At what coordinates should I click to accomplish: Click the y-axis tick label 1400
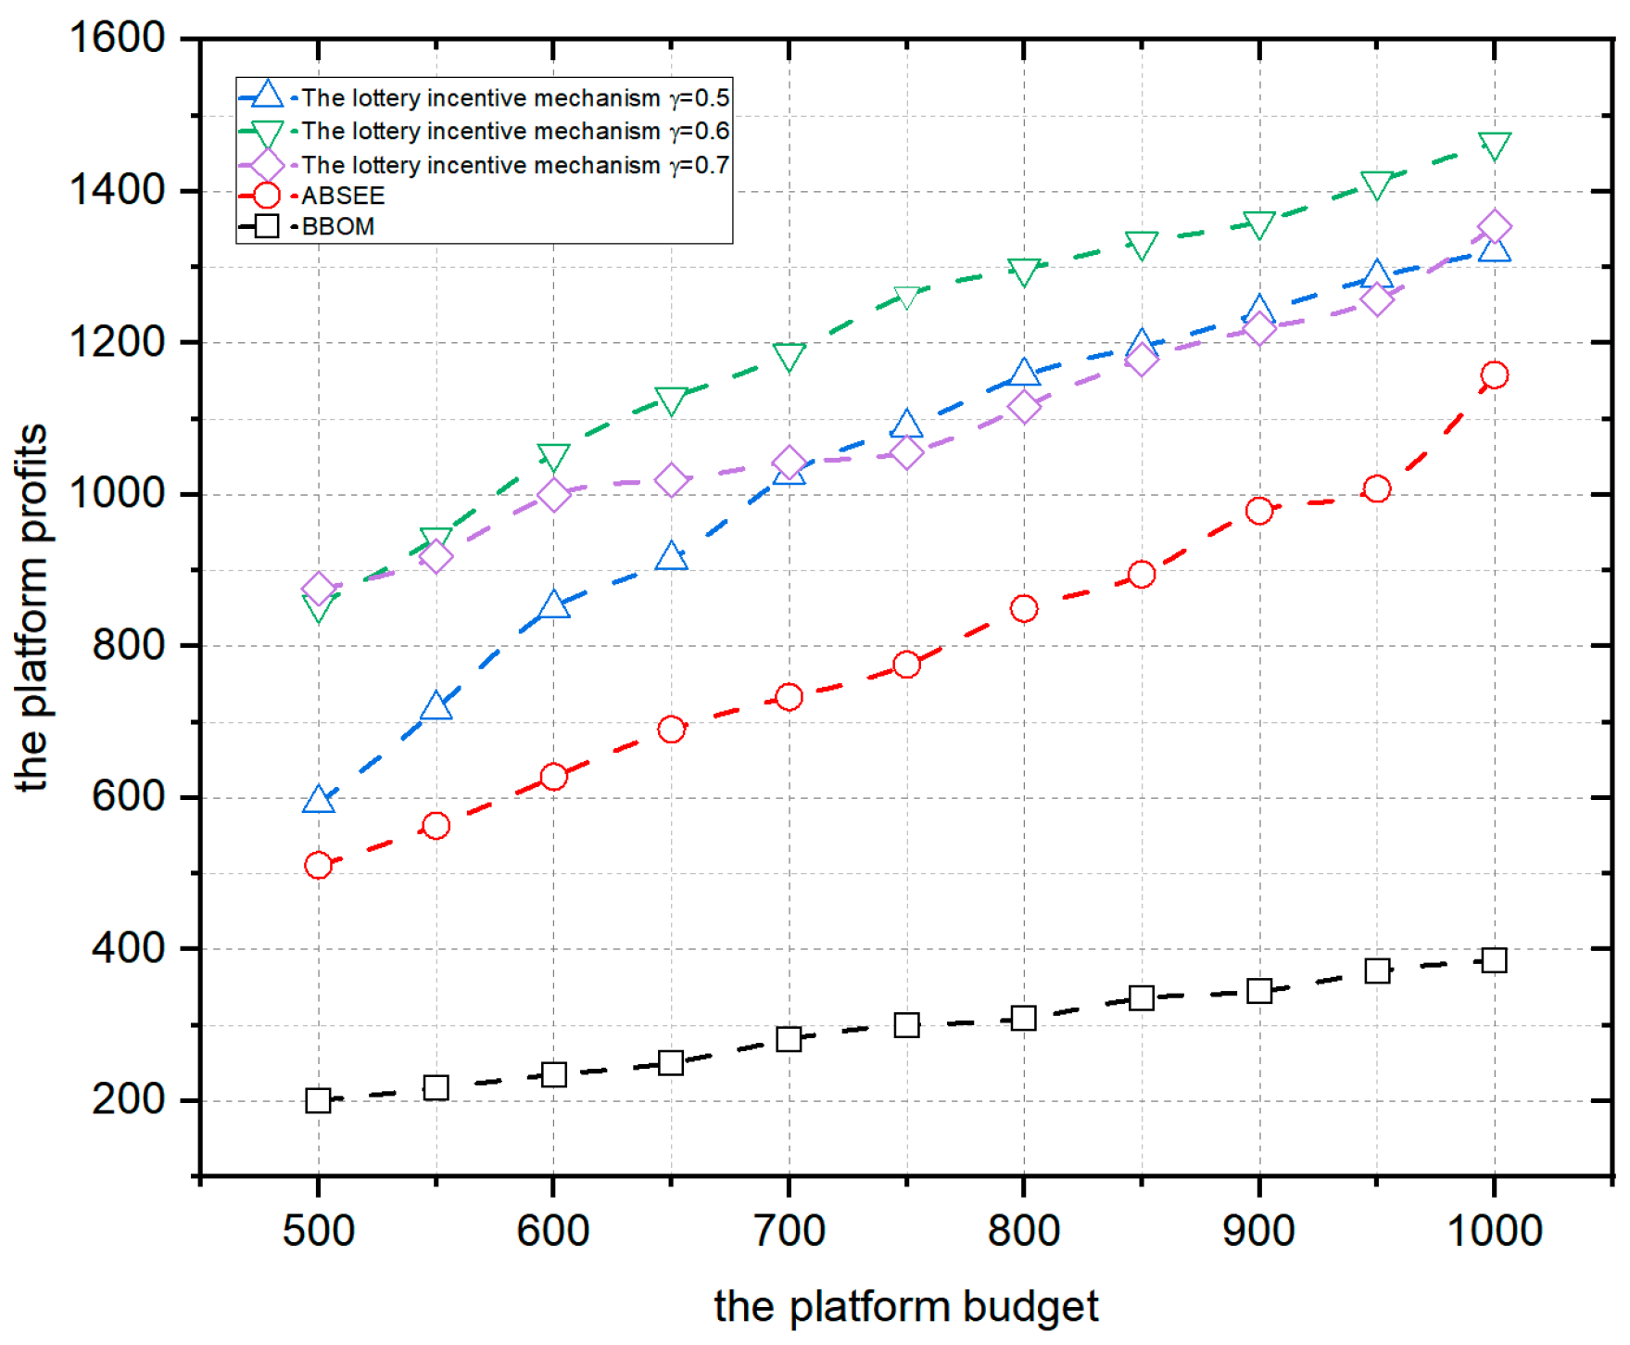(x=117, y=190)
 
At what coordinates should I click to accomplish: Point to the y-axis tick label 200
(x=128, y=1099)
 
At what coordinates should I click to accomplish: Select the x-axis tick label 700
(x=789, y=1231)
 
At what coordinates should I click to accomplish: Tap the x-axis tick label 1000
(x=1494, y=1231)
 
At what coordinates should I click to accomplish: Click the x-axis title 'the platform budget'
(x=905, y=1307)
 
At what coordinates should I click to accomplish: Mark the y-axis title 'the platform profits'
(x=32, y=607)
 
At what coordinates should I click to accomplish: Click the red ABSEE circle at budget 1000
(x=1494, y=375)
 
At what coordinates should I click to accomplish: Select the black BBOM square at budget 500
(x=318, y=1100)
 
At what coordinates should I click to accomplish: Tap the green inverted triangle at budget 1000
(x=1494, y=146)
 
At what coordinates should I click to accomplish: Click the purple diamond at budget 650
(x=671, y=481)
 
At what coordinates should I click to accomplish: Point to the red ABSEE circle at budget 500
(x=318, y=866)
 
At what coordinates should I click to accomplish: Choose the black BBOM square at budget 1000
(x=1494, y=960)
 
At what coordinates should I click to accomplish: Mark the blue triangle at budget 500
(x=318, y=800)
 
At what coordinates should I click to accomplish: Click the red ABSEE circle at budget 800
(x=1023, y=609)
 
